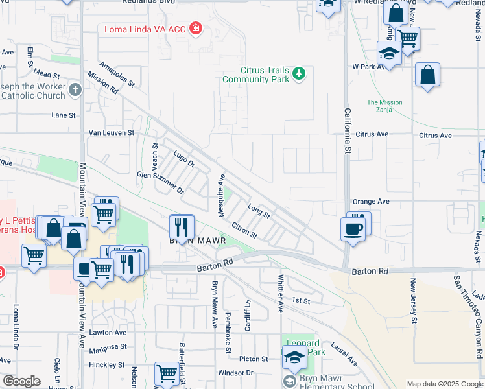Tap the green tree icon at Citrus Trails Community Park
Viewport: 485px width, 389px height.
pos(299,73)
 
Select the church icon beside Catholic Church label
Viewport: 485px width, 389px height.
pos(75,90)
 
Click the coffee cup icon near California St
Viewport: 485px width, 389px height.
pos(353,228)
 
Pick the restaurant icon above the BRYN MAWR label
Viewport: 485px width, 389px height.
pos(182,226)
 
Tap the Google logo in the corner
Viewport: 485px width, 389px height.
pos(21,381)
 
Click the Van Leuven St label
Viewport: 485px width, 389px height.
pos(111,132)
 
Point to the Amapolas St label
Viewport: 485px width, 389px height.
pos(117,75)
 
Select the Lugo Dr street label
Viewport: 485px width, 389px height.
pos(184,158)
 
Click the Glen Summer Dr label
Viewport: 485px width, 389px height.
pos(160,183)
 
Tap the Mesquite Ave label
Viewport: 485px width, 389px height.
pos(220,196)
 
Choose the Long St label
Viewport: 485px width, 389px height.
pos(258,209)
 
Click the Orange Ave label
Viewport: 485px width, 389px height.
pos(370,202)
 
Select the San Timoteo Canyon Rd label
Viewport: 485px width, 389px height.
pos(466,317)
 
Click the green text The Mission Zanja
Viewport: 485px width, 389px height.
pos(384,106)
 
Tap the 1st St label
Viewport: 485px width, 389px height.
pos(301,300)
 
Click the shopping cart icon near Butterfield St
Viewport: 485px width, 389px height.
pos(167,374)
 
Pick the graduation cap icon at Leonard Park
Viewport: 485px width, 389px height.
pos(294,357)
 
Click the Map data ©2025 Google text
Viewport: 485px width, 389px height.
pos(444,383)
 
